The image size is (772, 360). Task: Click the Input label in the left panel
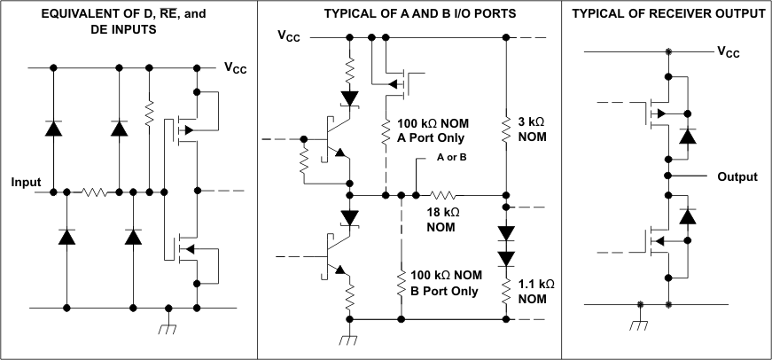pos(26,182)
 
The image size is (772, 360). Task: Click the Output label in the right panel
pos(737,176)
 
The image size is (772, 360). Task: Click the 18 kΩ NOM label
pos(441,221)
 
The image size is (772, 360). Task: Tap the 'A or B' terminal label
pos(451,157)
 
